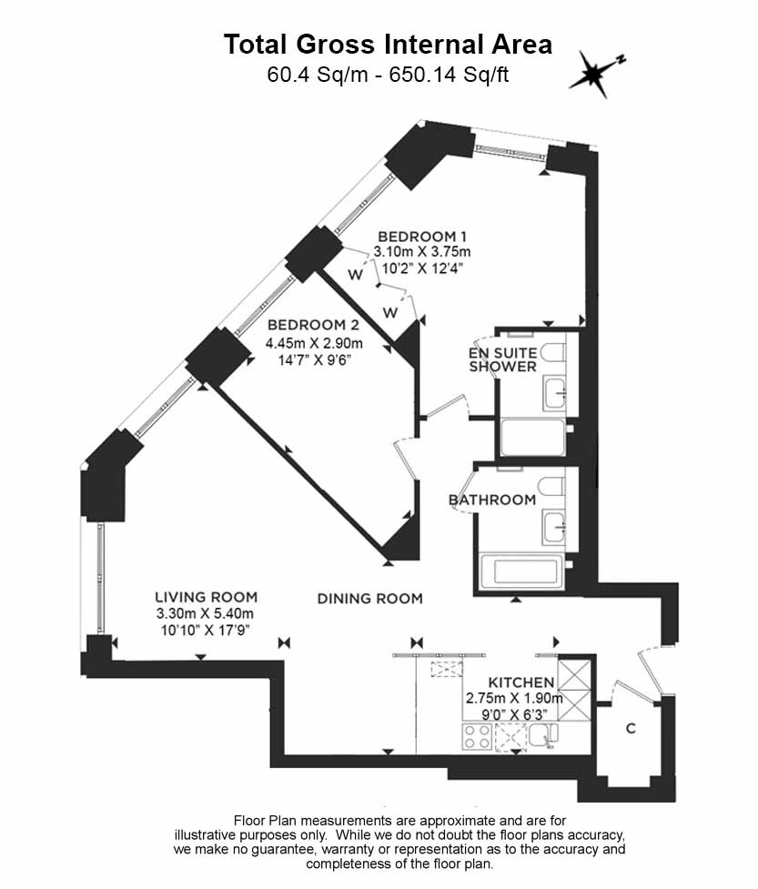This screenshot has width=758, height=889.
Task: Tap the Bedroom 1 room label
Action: (x=422, y=237)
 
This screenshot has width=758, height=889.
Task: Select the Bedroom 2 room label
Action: (x=314, y=325)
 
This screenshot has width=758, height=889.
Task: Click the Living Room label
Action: (x=207, y=597)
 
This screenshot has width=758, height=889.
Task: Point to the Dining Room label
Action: (x=369, y=598)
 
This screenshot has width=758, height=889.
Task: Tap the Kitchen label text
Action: (x=521, y=682)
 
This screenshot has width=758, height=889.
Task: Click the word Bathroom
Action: (x=492, y=500)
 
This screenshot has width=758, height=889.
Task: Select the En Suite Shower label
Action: (x=503, y=359)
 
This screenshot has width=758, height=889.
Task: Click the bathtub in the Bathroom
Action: (x=521, y=571)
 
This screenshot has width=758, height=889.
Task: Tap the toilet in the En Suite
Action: (x=552, y=353)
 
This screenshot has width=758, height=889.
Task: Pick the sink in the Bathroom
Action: (x=554, y=528)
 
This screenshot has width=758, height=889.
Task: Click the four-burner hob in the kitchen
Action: (x=478, y=737)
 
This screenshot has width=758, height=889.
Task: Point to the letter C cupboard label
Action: (x=631, y=728)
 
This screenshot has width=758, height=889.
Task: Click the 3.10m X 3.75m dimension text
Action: (x=422, y=252)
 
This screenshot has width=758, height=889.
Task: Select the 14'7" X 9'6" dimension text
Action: (x=315, y=359)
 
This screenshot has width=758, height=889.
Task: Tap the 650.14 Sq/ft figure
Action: (x=449, y=75)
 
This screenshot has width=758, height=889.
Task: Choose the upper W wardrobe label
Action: (x=356, y=275)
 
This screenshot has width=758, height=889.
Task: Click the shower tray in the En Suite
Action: (x=533, y=437)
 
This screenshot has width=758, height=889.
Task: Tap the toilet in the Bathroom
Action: (x=551, y=487)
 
